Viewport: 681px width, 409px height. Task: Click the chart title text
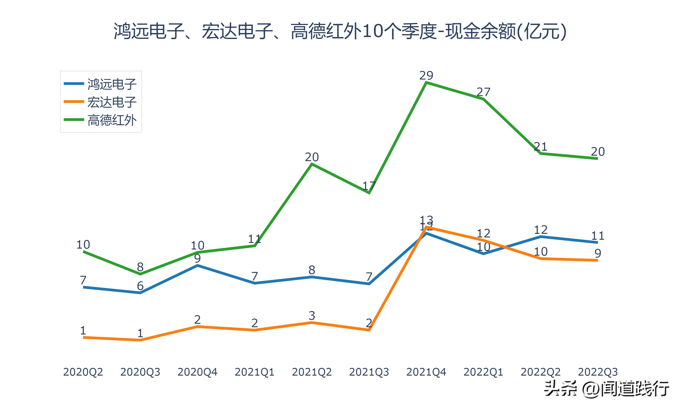tap(340, 31)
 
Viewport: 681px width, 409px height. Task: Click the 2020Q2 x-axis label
tap(83, 372)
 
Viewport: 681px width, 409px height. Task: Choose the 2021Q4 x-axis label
tap(426, 372)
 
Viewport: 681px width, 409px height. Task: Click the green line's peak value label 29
tap(426, 75)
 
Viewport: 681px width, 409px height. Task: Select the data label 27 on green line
tap(483, 92)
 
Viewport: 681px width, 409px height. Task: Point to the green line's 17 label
tap(369, 186)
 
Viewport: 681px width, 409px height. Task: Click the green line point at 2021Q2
tap(312, 164)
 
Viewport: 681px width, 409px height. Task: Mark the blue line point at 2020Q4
tap(197, 265)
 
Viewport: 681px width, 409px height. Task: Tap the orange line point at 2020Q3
tap(140, 340)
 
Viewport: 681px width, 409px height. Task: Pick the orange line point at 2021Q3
tap(369, 330)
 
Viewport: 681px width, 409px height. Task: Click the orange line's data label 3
tap(312, 316)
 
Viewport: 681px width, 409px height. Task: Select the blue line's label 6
tap(140, 286)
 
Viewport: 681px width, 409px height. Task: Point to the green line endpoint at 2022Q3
tap(597, 158)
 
